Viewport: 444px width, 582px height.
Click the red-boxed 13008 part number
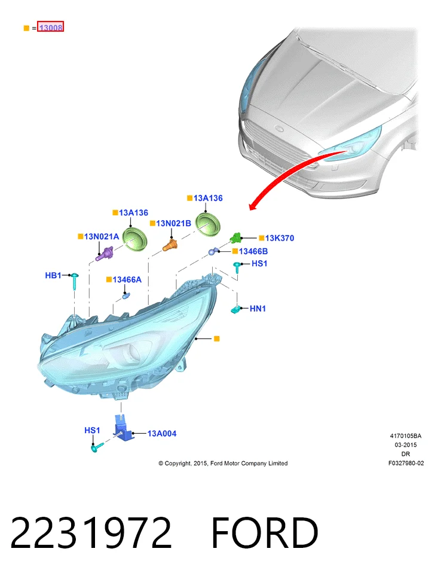point(50,27)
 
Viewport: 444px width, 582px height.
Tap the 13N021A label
point(101,236)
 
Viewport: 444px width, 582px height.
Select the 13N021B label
point(173,223)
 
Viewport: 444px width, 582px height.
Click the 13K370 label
point(279,238)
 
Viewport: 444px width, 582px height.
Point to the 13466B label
point(253,251)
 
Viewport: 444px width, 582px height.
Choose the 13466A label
point(127,279)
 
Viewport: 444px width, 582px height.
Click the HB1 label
point(53,275)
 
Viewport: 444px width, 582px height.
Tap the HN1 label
point(258,309)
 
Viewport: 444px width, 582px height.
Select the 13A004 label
point(162,434)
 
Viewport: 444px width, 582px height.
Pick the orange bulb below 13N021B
point(170,245)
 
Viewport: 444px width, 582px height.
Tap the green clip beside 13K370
point(235,237)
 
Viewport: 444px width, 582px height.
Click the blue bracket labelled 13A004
point(123,429)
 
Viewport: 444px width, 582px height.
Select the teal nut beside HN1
point(235,309)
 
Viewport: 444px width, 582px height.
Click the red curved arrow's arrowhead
point(253,205)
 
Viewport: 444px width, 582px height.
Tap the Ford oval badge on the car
point(279,129)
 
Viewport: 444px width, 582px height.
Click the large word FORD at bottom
point(265,532)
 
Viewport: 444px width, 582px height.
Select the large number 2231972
point(91,532)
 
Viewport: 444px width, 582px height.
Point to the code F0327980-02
point(406,463)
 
